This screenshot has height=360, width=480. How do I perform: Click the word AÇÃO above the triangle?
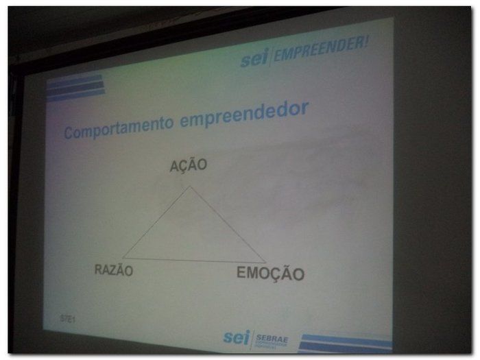(189, 165)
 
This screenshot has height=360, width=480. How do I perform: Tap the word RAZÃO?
(114, 270)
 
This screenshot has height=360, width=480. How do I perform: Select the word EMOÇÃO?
(270, 273)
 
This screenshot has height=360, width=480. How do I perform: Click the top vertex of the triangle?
(190, 186)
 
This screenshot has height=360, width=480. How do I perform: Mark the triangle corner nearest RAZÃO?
(123, 259)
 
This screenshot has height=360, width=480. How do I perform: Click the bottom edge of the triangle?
(194, 261)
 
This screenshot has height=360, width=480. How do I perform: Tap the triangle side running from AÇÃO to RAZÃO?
(157, 222)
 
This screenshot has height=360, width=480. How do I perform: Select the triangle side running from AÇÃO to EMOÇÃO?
(228, 224)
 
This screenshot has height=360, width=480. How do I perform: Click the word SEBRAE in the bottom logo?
(272, 337)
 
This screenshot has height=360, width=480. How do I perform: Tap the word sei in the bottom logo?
(237, 337)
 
